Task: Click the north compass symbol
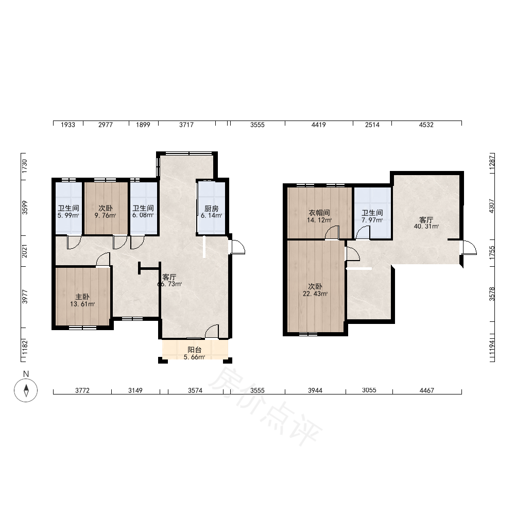click(x=26, y=390)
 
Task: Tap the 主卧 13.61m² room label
click(x=82, y=301)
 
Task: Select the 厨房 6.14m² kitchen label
click(x=212, y=212)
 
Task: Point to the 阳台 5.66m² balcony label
click(x=195, y=353)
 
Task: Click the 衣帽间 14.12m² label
click(x=319, y=216)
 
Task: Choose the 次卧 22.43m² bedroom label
click(x=315, y=290)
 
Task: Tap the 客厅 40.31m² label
click(x=426, y=223)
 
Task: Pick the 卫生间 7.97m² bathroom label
click(x=372, y=216)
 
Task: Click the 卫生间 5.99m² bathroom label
click(x=68, y=212)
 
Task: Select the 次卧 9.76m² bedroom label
click(x=106, y=212)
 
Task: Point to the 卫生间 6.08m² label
click(x=143, y=212)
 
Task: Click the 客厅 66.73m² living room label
click(x=169, y=281)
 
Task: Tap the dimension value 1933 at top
click(x=68, y=125)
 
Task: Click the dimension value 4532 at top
click(x=426, y=125)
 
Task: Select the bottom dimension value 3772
click(x=82, y=390)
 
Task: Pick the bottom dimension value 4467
click(x=426, y=390)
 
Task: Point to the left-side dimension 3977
click(x=25, y=297)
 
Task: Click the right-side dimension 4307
click(x=492, y=206)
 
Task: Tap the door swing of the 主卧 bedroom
click(x=104, y=260)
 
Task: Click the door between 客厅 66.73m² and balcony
click(x=212, y=331)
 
